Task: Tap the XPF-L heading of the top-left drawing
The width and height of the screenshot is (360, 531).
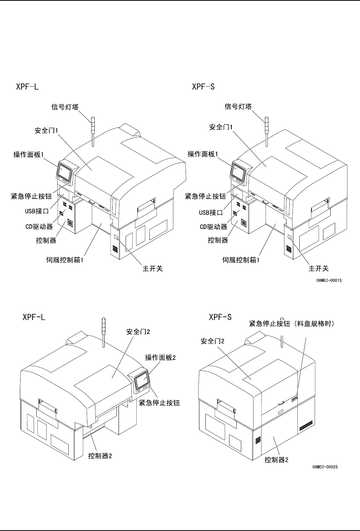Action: tap(27, 87)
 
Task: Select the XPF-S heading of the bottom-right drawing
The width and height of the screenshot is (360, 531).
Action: tap(220, 317)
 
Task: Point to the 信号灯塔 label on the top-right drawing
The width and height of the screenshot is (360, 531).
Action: tap(238, 107)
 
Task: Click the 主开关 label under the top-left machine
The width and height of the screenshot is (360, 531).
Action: tap(150, 269)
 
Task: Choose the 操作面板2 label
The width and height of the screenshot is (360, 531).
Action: tap(160, 357)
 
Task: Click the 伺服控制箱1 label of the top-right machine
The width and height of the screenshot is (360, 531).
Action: tap(241, 260)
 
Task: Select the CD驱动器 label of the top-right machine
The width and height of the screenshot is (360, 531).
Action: tap(213, 227)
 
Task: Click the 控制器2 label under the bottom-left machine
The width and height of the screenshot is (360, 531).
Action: tap(100, 456)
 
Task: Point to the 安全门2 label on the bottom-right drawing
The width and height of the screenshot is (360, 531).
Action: tap(213, 341)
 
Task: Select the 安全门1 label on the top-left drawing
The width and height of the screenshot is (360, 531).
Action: tap(46, 131)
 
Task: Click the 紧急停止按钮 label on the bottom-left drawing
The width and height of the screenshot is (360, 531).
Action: tap(160, 403)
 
